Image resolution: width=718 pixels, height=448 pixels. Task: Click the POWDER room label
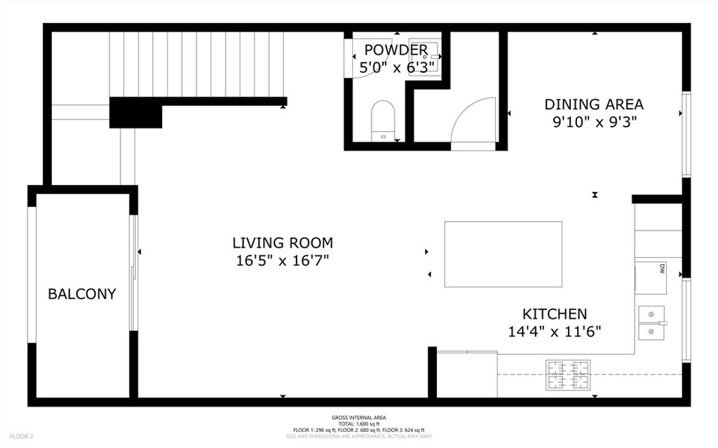tap(395, 50)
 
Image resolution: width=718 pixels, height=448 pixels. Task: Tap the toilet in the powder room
tap(383, 119)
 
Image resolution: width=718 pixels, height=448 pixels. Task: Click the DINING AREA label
tap(594, 104)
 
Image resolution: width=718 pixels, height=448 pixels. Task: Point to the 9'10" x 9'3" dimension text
tap(594, 122)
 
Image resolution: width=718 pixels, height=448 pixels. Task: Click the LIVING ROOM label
tap(283, 243)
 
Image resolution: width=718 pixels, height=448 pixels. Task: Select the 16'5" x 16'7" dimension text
tap(283, 261)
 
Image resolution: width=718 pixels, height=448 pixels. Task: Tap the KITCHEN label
tap(555, 314)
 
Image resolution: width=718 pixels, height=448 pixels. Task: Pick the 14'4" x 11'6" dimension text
tap(555, 332)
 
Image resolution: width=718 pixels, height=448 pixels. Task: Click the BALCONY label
tap(81, 294)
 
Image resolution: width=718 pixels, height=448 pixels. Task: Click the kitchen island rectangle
tap(503, 254)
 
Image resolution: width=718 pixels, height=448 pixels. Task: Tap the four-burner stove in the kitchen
tap(568, 374)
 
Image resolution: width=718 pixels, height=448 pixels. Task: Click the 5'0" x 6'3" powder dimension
tap(397, 67)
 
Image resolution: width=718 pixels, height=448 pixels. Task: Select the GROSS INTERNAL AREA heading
tap(358, 418)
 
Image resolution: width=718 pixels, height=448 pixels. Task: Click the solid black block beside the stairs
tap(135, 112)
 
